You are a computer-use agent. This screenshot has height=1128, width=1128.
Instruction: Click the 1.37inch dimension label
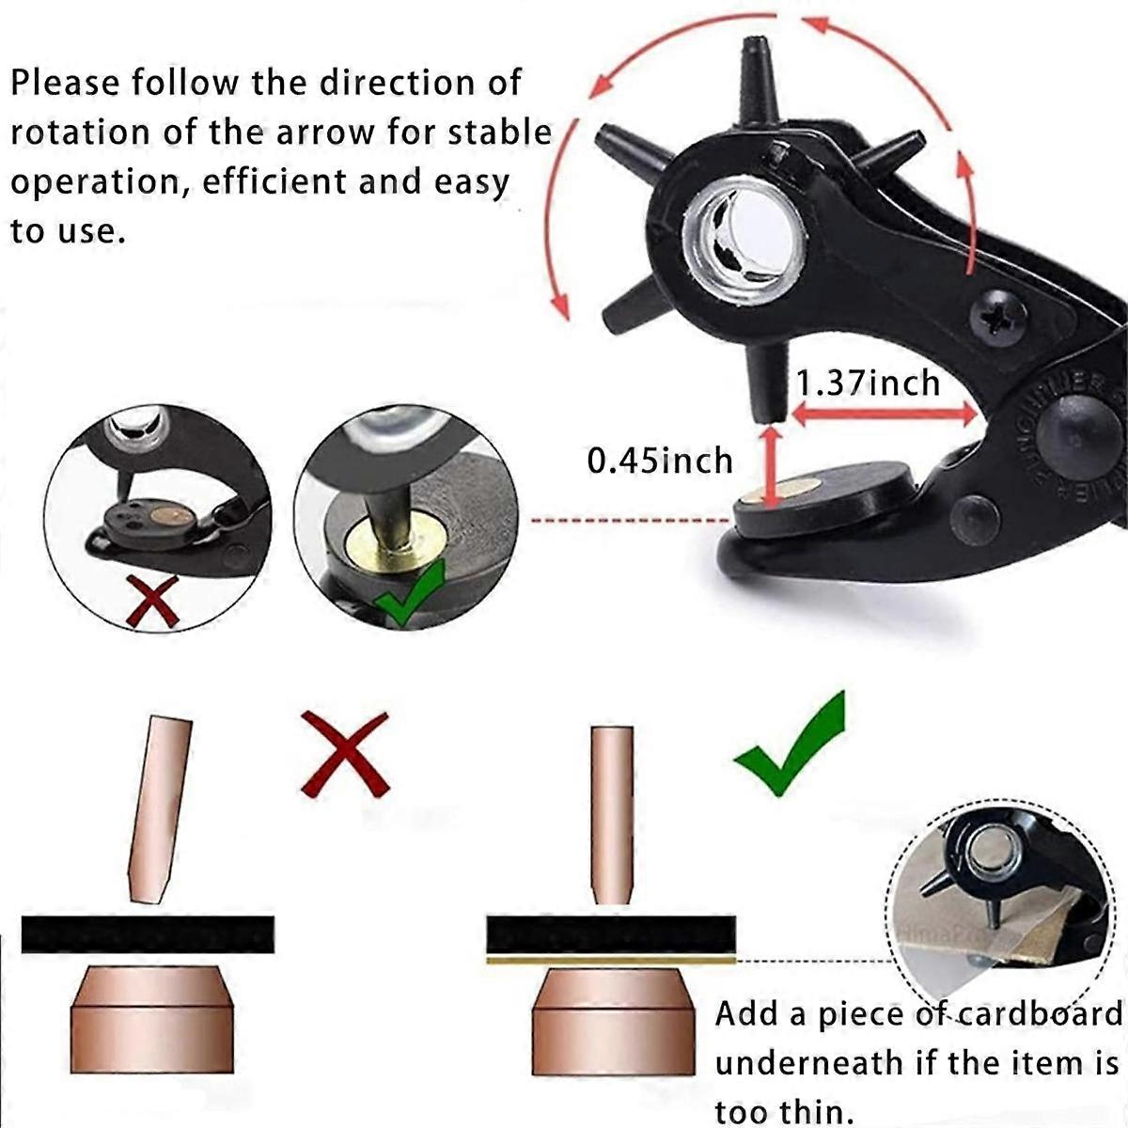[867, 384]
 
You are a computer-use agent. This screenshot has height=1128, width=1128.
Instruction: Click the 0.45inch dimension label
[660, 461]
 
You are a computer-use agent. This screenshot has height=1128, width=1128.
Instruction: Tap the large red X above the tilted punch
[344, 753]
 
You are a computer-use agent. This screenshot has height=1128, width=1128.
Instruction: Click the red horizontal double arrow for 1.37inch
[883, 414]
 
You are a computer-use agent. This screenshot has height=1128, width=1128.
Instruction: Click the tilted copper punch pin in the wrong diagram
[158, 808]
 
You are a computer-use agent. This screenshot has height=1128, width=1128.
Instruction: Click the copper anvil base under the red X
[152, 1019]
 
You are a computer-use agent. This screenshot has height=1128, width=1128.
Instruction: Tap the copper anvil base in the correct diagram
[612, 1021]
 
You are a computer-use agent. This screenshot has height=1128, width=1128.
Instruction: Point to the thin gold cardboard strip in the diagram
[611, 960]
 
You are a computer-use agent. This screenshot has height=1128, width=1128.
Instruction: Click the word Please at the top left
[65, 83]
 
